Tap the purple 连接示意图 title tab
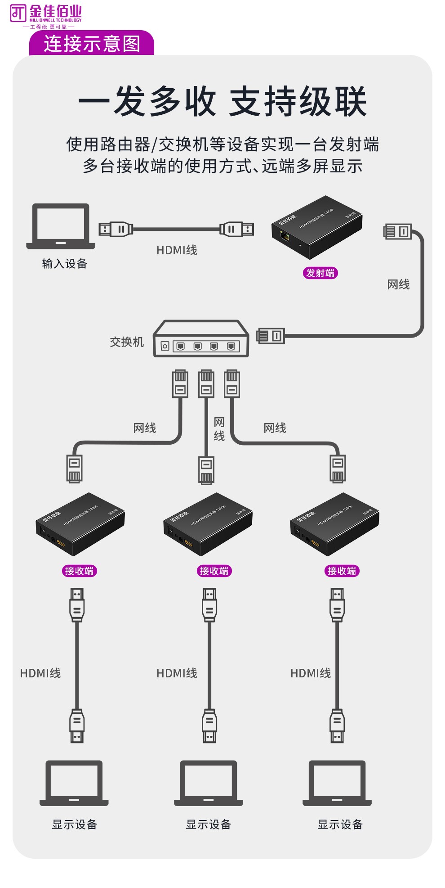[x=92, y=44]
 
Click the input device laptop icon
[x=61, y=226]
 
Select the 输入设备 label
[x=64, y=264]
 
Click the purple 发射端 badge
[x=320, y=273]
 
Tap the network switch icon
[x=201, y=339]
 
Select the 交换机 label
[x=127, y=342]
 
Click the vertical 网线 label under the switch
[x=219, y=429]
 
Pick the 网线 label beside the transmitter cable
[x=398, y=284]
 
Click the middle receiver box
[x=208, y=523]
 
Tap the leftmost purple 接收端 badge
[x=79, y=571]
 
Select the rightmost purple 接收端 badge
[x=342, y=571]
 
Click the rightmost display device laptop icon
[x=337, y=784]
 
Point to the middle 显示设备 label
[x=209, y=825]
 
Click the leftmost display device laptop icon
[x=74, y=784]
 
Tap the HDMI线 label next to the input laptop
[x=177, y=250]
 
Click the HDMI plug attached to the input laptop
[x=116, y=229]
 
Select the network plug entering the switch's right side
[x=271, y=336]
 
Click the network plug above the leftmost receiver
[x=74, y=469]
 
